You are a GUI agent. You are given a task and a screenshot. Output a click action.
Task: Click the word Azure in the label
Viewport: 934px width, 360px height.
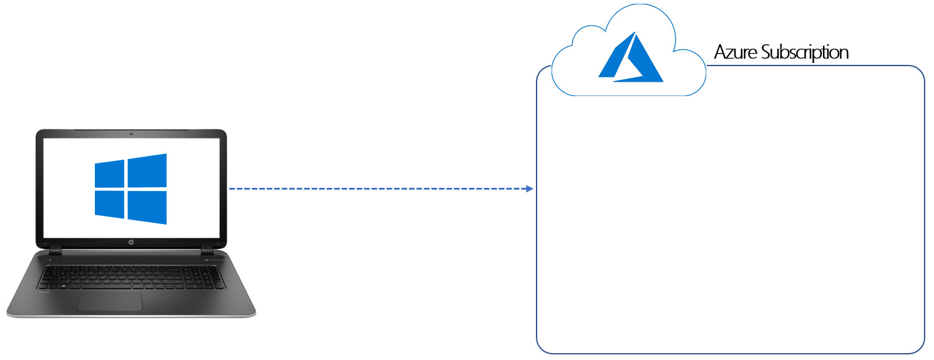click(x=736, y=52)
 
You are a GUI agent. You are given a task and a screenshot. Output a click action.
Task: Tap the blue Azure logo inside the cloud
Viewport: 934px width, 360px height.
click(x=630, y=57)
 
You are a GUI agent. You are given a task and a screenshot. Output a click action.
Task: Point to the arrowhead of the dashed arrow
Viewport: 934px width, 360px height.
click(x=530, y=189)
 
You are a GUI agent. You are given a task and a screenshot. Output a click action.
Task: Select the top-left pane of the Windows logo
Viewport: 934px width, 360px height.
click(x=110, y=174)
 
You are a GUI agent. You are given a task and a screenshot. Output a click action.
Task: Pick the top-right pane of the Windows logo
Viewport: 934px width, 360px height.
click(x=147, y=170)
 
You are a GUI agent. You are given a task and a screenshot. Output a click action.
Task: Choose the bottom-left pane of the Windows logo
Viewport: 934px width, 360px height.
click(x=110, y=205)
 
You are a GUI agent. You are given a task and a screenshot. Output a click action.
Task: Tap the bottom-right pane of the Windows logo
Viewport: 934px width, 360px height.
click(x=147, y=207)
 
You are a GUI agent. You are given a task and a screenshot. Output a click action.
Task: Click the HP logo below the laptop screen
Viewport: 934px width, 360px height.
click(x=131, y=242)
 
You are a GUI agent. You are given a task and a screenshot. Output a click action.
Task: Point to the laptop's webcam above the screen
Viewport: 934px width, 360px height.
click(x=131, y=134)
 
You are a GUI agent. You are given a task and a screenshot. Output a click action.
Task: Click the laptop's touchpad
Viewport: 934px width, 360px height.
click(x=110, y=301)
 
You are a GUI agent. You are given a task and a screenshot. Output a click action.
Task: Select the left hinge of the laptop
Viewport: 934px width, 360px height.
click(x=56, y=250)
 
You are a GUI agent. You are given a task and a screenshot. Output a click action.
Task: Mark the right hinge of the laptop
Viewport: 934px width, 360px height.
click(x=207, y=250)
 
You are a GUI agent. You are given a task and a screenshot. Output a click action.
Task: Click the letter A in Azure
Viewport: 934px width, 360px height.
click(x=721, y=52)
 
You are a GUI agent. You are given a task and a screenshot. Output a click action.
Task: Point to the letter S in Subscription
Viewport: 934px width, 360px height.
click(x=766, y=52)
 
